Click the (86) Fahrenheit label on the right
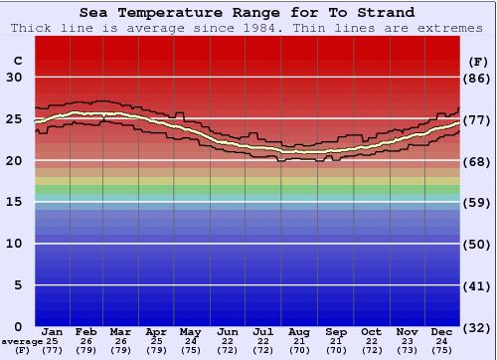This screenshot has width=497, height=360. coord(478,78)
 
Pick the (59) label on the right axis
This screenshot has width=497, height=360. coord(478,202)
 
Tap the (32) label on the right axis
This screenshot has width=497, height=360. coord(478,327)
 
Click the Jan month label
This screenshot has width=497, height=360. coord(53,332)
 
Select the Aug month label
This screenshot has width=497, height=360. coord(299,332)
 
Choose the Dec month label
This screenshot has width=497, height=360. coord(442,332)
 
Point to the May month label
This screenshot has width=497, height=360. coord(190,332)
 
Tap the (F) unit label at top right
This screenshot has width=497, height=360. coord(478,61)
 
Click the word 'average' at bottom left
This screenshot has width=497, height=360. coord(22,341)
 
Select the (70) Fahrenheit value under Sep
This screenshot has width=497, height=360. coord(336,350)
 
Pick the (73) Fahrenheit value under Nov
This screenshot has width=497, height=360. coord(408,350)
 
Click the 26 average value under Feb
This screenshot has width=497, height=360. coord(86,341)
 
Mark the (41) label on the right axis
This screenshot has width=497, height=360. coord(478,285)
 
